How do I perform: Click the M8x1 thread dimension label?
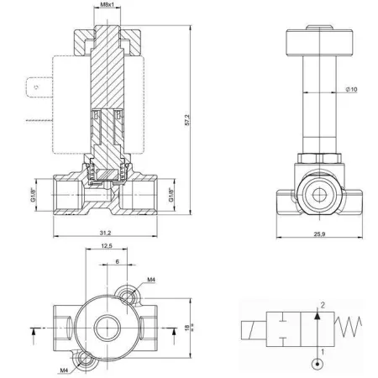point(107,4)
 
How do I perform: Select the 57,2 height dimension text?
point(187,120)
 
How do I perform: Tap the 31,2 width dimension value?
point(105,233)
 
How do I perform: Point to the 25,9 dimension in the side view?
point(319,234)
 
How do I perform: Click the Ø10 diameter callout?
point(351,89)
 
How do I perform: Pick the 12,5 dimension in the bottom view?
point(107,246)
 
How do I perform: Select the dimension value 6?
point(118,261)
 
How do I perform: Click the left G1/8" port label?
point(34,195)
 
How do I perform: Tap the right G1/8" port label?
point(171,195)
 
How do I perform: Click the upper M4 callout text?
point(151,280)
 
